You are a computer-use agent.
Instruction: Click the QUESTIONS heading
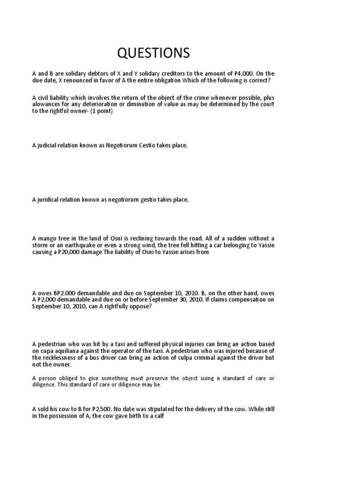pos(153,53)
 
